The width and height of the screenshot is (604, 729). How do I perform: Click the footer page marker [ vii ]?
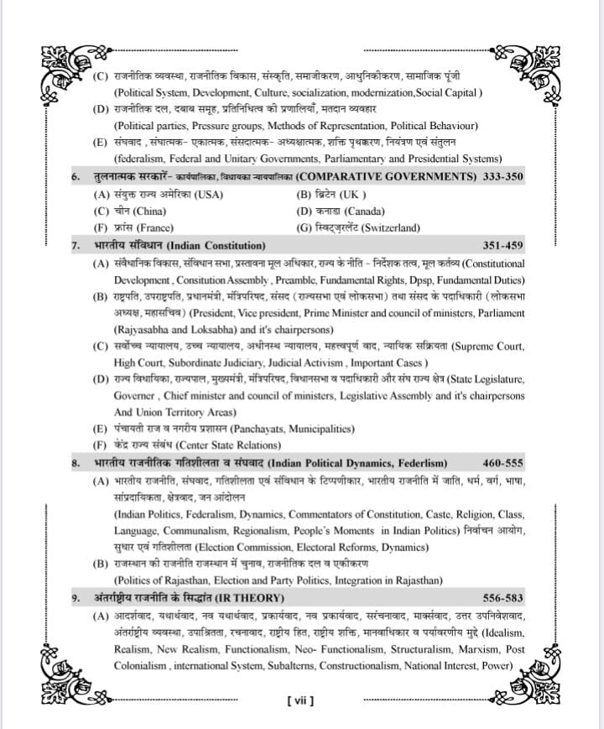300,700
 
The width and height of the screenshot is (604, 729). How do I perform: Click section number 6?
75,177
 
